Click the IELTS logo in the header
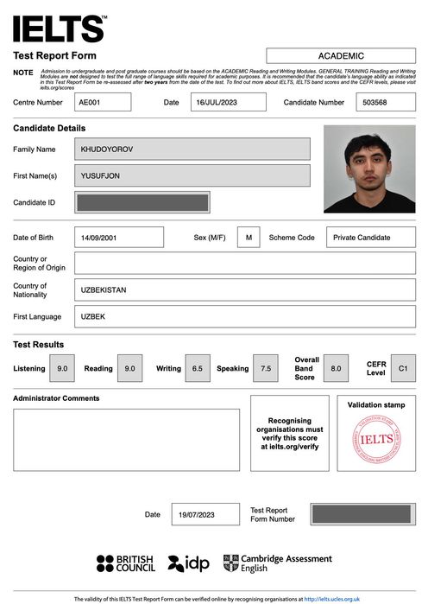60,29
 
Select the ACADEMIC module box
341,56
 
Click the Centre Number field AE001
104,102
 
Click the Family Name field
192,149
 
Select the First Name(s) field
192,176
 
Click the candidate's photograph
369,169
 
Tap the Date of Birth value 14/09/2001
119,238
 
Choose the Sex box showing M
249,238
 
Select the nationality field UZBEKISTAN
245,289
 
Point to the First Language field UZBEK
245,316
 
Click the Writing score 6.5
197,368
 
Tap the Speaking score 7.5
266,368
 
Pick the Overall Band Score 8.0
336,368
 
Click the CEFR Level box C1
403,368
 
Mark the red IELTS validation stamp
376,439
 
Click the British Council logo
126,563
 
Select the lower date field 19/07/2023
205,514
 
